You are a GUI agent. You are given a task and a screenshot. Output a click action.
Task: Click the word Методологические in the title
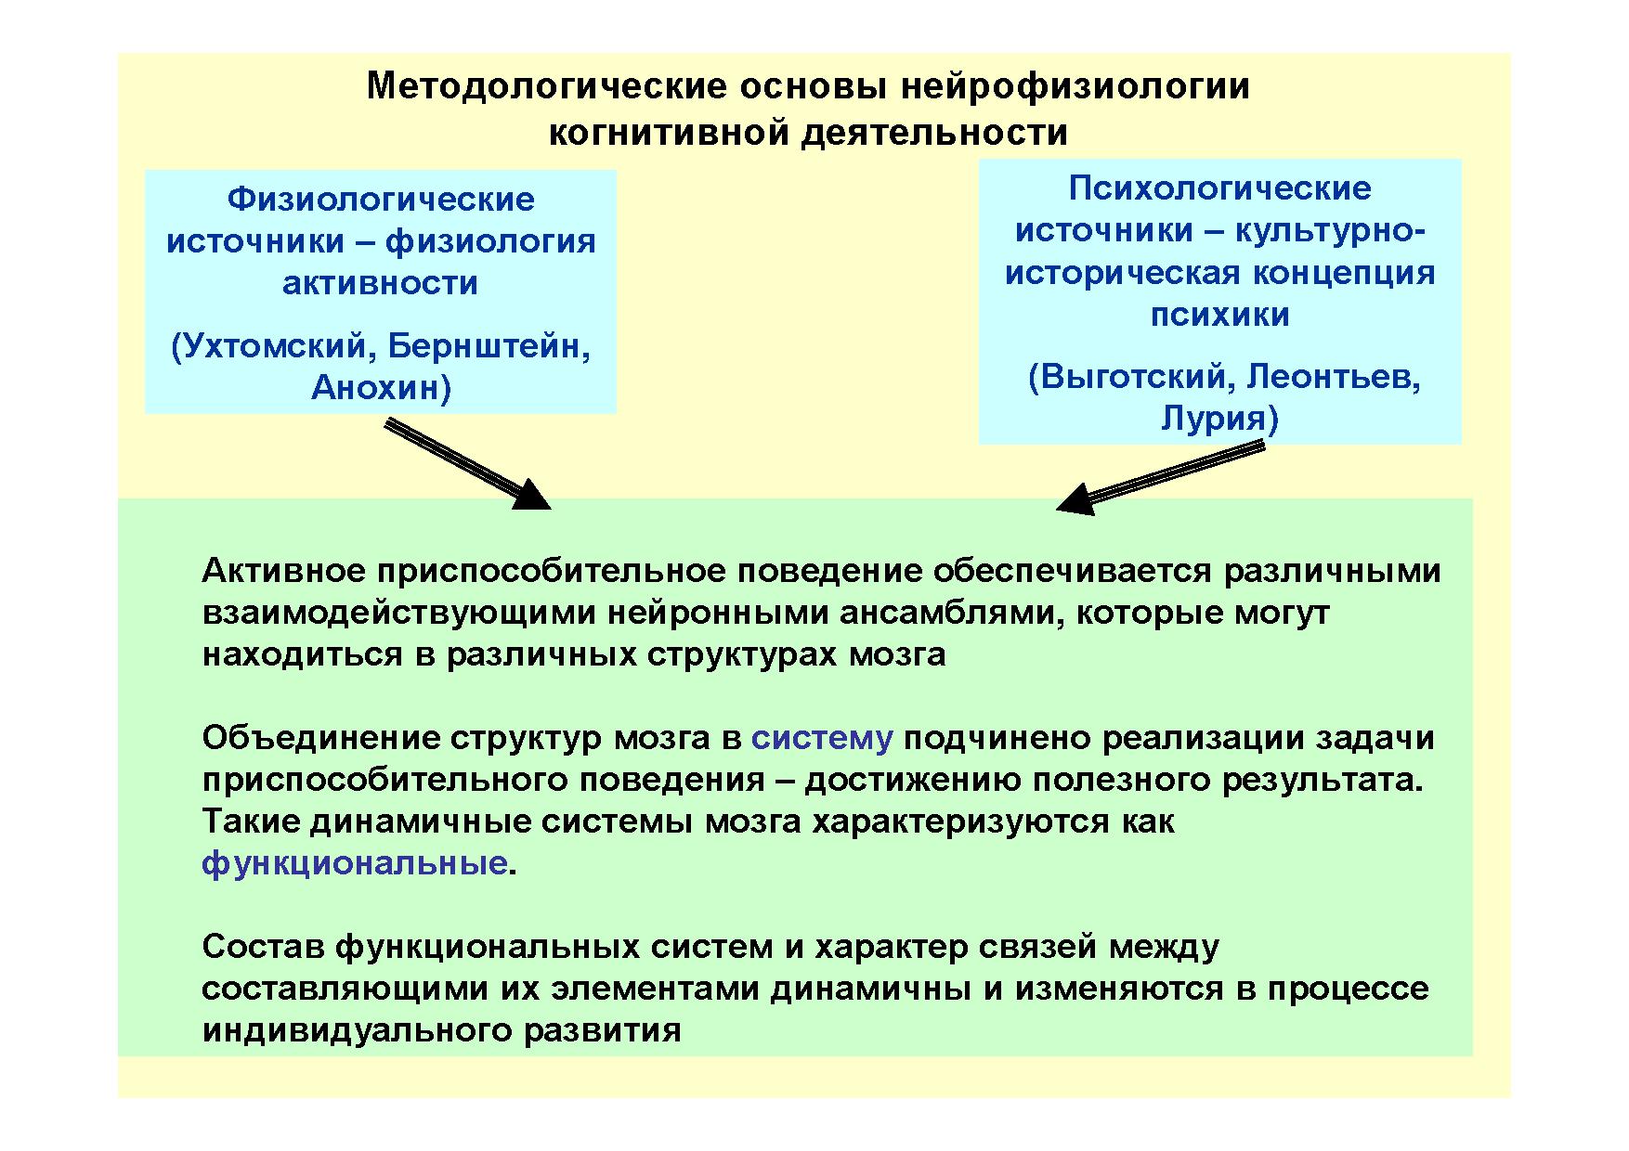point(547,86)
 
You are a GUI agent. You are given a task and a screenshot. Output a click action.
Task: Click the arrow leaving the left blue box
point(468,464)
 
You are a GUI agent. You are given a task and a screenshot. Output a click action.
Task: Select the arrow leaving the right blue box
point(1161,477)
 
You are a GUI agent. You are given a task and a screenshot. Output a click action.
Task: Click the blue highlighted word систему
point(822,739)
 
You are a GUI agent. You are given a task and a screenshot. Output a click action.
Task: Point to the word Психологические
point(1219,189)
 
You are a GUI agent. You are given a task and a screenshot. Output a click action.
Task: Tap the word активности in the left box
point(381,284)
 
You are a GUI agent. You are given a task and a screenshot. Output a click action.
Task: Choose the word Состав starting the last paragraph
point(263,948)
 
